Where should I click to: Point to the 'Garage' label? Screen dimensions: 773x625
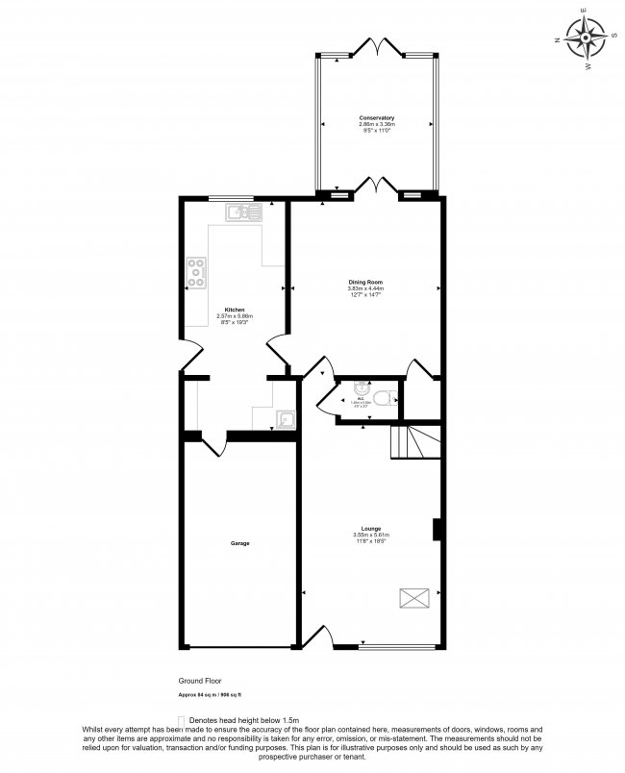(x=239, y=543)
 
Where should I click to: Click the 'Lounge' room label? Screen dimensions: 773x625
(x=370, y=529)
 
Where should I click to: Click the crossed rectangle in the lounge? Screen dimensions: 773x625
(x=414, y=598)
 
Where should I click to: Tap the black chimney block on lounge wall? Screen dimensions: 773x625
(x=437, y=529)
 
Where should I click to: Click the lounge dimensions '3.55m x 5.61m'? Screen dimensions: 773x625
(x=370, y=536)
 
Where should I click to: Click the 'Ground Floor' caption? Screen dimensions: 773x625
(x=199, y=679)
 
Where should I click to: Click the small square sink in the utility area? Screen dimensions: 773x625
(x=286, y=419)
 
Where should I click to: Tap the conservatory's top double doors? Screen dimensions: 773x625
(x=375, y=45)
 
